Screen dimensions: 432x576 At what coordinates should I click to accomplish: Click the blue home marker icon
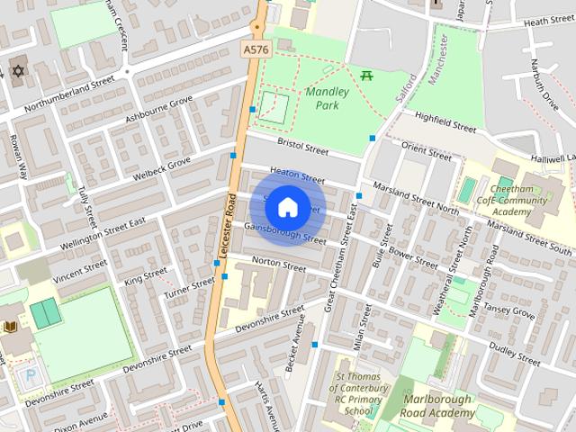tap(287, 207)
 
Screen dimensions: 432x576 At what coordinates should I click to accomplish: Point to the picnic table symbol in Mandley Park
tap(366, 76)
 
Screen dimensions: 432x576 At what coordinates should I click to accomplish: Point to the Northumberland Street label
tap(71, 94)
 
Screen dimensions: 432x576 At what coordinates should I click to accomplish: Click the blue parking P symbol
tap(32, 375)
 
